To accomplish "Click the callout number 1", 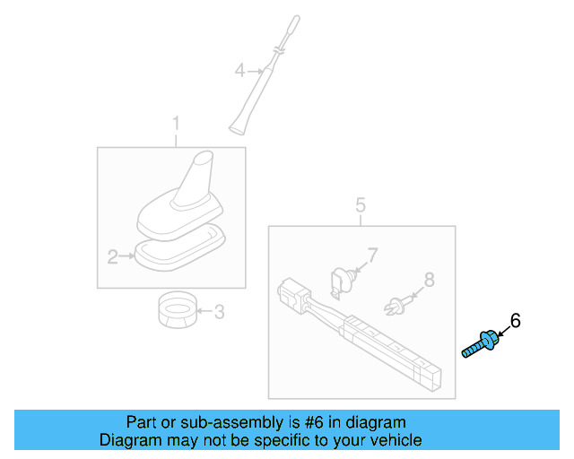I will coord(176,123).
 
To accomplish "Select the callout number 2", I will coord(113,258).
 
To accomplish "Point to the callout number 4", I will coord(239,69).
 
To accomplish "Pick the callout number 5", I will coord(361,205).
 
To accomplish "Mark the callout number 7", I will coord(373,256).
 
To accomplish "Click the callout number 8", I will coord(429,280).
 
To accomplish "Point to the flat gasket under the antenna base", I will coord(179,248).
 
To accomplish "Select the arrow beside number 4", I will coord(254,70).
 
